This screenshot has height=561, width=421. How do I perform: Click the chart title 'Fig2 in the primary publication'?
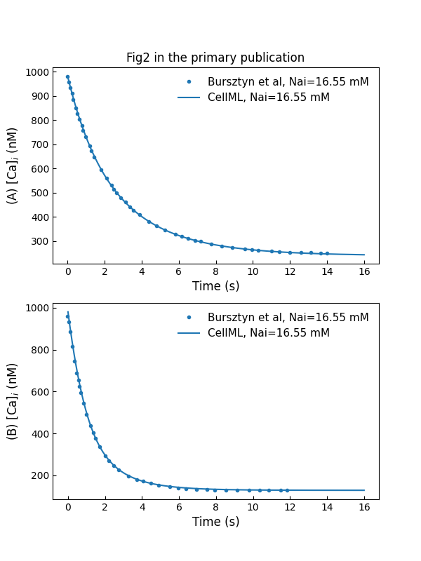click(x=215, y=58)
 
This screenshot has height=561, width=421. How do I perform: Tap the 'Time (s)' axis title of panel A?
click(x=215, y=286)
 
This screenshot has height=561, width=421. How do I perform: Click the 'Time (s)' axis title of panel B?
click(x=215, y=522)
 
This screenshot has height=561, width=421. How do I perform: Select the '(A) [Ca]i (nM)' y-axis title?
click(x=13, y=165)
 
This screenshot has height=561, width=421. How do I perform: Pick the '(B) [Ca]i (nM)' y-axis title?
click(x=13, y=401)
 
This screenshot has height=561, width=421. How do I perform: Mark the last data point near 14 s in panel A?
click(x=327, y=254)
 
